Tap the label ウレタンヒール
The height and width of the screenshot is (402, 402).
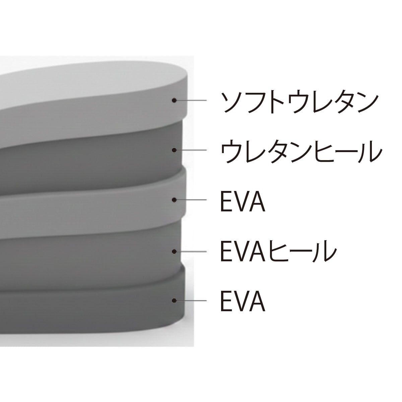tap(301, 151)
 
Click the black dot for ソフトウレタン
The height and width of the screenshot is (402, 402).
tap(174, 100)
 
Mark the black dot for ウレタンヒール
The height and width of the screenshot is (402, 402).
tap(174, 150)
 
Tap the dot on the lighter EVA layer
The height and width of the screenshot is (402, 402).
tap(174, 200)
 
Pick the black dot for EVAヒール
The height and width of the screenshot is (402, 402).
tap(174, 251)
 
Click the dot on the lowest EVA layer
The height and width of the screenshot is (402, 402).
tap(174, 301)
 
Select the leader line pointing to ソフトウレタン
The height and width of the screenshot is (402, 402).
tap(191, 100)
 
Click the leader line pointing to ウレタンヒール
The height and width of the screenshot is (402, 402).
tap(191, 150)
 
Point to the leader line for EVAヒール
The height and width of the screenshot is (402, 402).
tap(191, 251)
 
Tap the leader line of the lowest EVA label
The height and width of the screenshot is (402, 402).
tap(191, 301)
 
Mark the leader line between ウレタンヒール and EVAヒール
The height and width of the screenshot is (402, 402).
tap(191, 200)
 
